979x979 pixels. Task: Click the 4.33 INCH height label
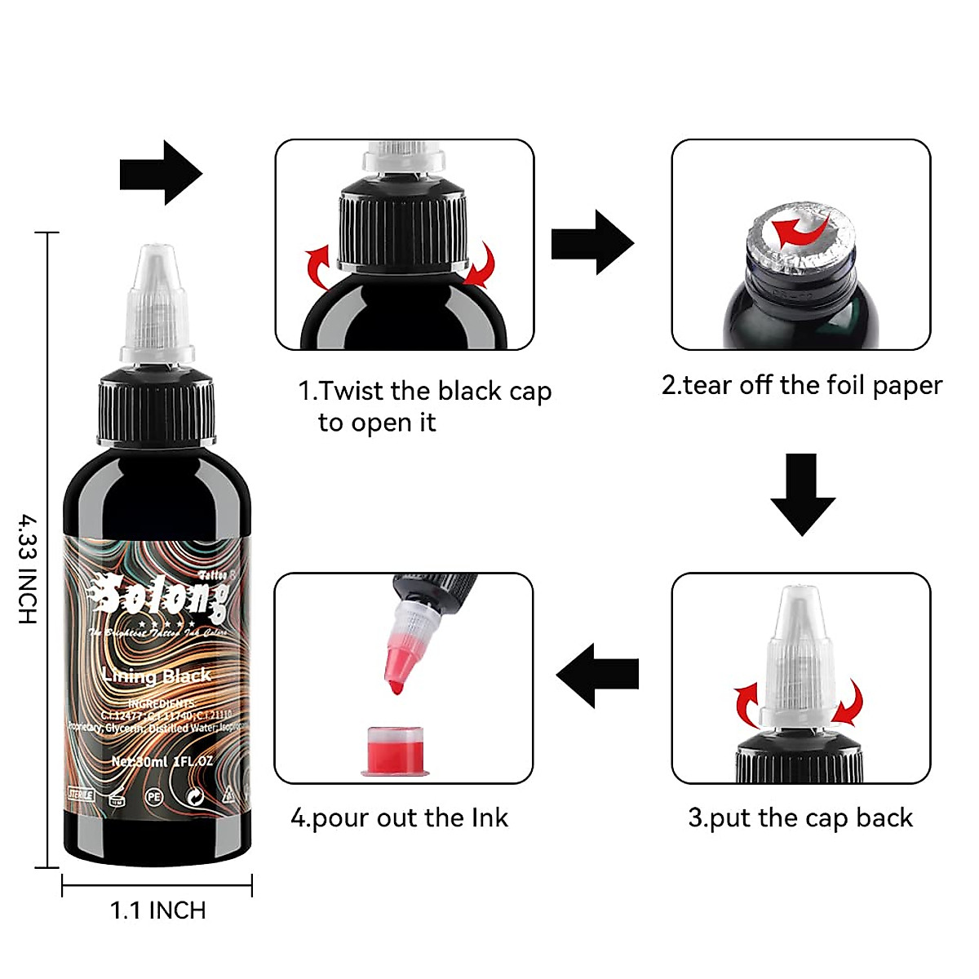[28, 569]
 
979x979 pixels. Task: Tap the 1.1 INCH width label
[157, 910]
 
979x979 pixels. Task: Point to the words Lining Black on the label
[157, 676]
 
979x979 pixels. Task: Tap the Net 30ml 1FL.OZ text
[162, 761]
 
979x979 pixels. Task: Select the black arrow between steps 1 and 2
[592, 242]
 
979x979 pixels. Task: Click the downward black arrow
[803, 494]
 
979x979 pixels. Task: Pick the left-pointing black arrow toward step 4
[597, 675]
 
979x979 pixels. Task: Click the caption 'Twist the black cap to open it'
[424, 406]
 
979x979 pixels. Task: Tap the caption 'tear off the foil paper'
[801, 385]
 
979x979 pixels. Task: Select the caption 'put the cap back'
[800, 817]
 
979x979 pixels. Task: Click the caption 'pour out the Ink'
[400, 817]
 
